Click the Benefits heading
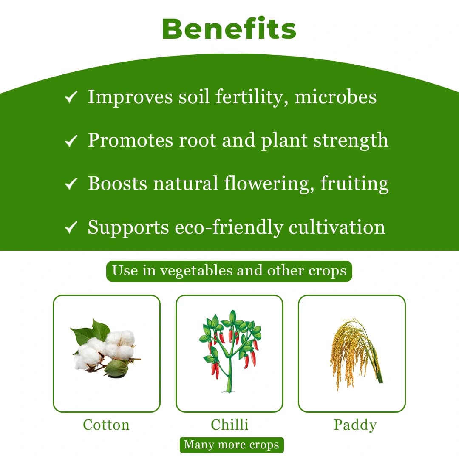point(229,29)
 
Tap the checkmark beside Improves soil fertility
point(71,98)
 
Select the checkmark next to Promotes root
point(71,141)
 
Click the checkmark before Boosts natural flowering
point(71,184)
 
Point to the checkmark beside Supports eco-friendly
point(71,228)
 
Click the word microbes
point(335,97)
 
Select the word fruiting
point(354,184)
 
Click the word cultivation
point(337,227)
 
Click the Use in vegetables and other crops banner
point(229,271)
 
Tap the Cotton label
point(106,425)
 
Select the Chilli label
point(229,425)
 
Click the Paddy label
point(355,425)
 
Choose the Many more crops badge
point(231,445)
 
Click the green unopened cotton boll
point(116,368)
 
